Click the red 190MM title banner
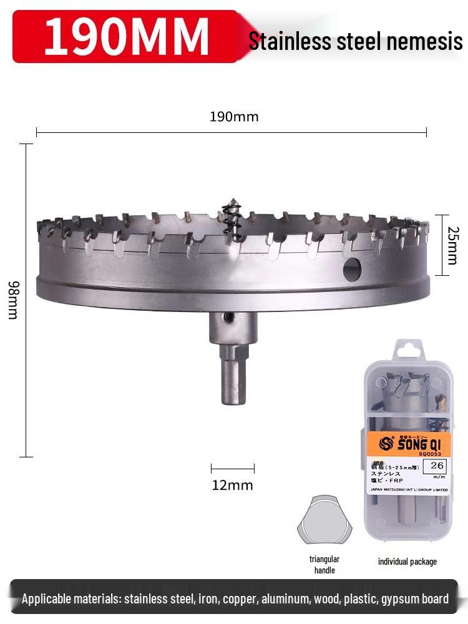(x=125, y=36)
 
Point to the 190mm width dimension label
(x=233, y=117)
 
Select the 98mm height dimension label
(x=12, y=300)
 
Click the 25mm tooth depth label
(x=453, y=245)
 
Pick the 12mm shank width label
(x=232, y=485)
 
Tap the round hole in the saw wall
(x=352, y=269)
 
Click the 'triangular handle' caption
(x=324, y=564)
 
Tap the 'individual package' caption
(x=407, y=562)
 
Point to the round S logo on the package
(x=384, y=443)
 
